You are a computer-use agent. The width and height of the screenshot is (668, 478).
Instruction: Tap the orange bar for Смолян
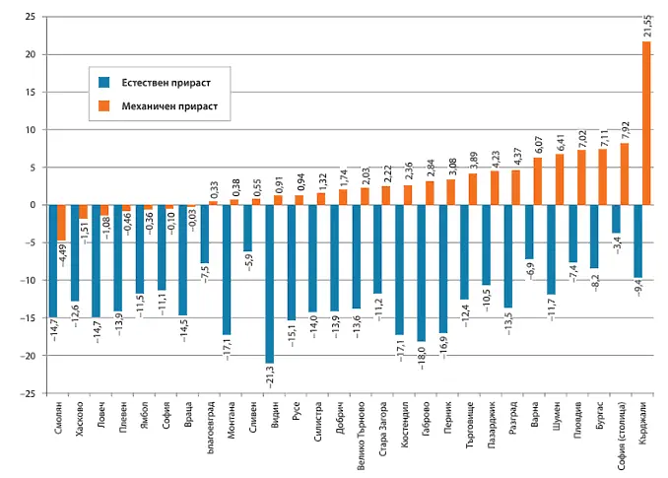pyautogui.click(x=61, y=222)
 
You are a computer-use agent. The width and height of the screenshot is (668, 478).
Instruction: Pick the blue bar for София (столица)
pyautogui.click(x=615, y=218)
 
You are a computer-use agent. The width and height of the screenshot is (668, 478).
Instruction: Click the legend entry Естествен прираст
pyautogui.click(x=168, y=81)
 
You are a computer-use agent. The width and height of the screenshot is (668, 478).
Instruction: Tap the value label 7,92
pyautogui.click(x=625, y=129)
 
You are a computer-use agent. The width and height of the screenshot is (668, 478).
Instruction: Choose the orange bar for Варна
pyautogui.click(x=538, y=181)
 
